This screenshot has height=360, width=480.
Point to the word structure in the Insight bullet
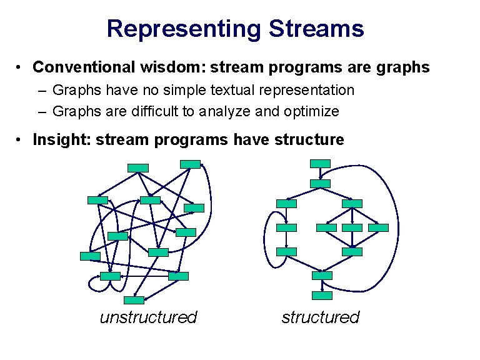(310, 139)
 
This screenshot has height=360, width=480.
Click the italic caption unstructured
(148, 317)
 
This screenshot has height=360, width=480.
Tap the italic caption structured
(320, 317)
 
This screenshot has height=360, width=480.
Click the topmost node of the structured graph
(320, 164)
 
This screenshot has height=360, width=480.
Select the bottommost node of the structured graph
(322, 296)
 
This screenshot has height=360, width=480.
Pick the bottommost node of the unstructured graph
(134, 300)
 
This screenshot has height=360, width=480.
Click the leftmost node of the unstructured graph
(90, 256)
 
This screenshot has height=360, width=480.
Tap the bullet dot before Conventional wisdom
(21, 67)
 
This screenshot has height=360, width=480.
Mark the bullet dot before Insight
(21, 139)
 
